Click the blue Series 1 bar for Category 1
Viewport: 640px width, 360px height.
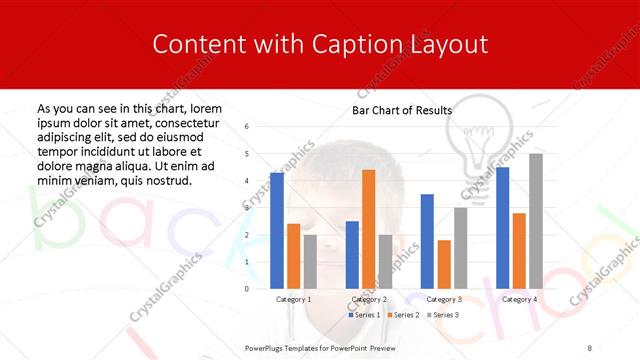click(x=277, y=230)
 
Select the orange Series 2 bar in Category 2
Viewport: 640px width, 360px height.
click(x=368, y=229)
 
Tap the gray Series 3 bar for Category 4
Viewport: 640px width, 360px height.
click(x=536, y=221)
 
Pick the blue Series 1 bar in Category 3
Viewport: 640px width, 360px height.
click(x=427, y=241)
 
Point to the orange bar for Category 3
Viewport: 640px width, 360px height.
click(x=444, y=264)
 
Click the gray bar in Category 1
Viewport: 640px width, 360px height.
click(x=310, y=261)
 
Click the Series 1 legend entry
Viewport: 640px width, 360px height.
click(x=365, y=315)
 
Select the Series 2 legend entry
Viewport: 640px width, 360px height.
click(x=404, y=315)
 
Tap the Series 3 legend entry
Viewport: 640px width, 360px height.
click(x=443, y=315)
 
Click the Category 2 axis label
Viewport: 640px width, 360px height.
click(x=369, y=299)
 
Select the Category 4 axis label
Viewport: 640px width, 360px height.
click(x=519, y=299)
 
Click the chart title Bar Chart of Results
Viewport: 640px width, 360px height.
click(x=402, y=110)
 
